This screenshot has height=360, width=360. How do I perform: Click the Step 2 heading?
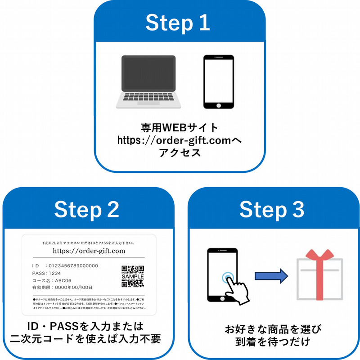86,209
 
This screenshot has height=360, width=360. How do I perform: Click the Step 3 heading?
272,209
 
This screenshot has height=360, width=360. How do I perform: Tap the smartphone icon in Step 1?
218,81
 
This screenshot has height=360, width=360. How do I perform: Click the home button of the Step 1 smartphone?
219,105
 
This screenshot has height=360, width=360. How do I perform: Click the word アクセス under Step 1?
179,153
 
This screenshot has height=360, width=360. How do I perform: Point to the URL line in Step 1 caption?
179,140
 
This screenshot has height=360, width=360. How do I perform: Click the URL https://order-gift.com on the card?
89,251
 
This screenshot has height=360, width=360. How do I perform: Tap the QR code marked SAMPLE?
133,276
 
